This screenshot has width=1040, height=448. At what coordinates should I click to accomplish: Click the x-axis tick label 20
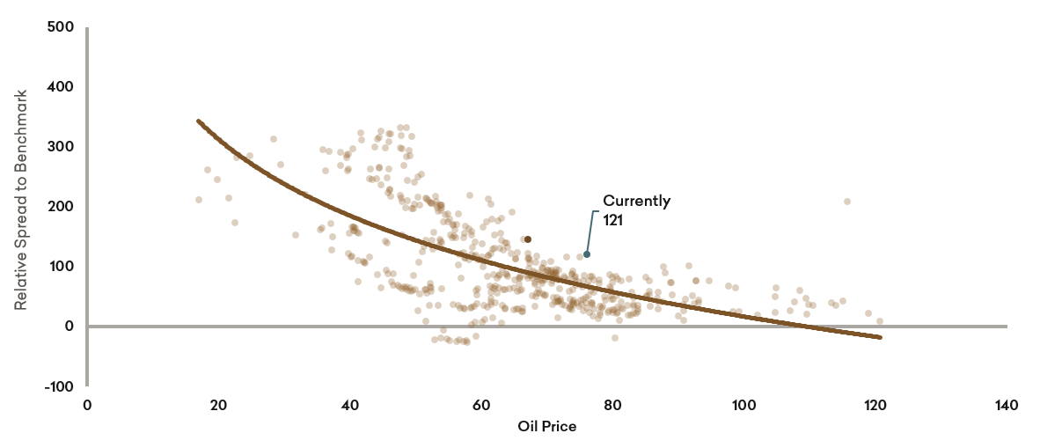219,405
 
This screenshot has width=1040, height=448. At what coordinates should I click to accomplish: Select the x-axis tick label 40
350,405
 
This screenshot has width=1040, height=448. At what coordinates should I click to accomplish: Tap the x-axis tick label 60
481,405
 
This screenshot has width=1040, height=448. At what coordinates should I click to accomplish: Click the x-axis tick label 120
875,405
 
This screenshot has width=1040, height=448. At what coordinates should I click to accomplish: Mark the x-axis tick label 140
1007,405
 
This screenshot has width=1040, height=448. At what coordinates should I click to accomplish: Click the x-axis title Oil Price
546,427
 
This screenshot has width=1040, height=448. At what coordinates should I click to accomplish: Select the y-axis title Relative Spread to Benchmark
21,199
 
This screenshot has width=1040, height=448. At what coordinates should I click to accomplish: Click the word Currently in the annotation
636,201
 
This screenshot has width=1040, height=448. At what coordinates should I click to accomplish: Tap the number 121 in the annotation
613,220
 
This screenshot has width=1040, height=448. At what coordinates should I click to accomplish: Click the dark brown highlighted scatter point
528,239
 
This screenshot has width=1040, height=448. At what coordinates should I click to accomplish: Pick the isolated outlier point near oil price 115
847,202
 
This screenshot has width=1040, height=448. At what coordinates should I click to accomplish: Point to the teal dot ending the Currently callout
587,254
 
